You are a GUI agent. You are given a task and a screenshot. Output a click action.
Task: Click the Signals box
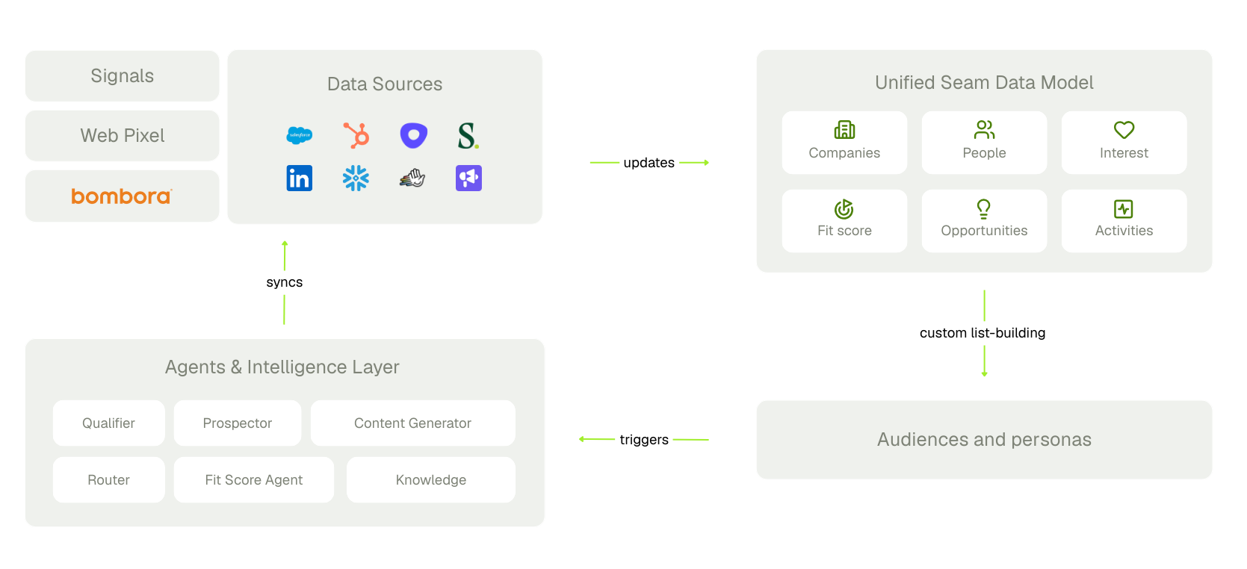pos(122,76)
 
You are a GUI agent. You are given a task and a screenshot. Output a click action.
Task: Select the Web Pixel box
pos(122,136)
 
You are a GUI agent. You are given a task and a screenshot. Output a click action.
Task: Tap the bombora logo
pos(122,196)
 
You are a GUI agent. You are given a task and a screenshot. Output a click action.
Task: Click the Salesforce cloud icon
pos(300,135)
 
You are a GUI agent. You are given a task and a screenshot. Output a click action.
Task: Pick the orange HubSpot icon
pos(356,135)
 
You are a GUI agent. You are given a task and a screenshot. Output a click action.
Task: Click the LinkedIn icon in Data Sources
pos(300,178)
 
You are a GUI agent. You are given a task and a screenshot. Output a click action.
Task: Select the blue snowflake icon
pos(356,178)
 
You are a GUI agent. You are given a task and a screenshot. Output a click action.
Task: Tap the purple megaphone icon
pos(468,178)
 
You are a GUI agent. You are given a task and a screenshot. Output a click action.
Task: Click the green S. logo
pos(468,136)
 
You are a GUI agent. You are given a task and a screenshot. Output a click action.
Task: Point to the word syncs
pos(285,282)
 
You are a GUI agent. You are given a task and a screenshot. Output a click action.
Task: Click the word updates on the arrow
pos(649,163)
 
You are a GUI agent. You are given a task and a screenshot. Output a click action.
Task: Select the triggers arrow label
pos(644,440)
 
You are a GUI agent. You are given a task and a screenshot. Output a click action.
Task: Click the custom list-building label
pos(983,333)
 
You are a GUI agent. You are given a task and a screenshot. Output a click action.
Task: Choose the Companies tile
pos(844,142)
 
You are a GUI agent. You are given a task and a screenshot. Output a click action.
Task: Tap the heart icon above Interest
pos(1124,130)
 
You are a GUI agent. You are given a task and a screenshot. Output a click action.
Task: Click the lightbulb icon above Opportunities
pos(983,208)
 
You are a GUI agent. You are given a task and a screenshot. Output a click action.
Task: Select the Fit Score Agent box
pos(254,480)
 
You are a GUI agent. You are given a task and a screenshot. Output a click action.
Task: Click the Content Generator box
pos(412,423)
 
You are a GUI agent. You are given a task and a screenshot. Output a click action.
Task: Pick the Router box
pos(109,480)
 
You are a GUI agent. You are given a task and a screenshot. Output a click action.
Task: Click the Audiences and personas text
pos(984,440)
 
